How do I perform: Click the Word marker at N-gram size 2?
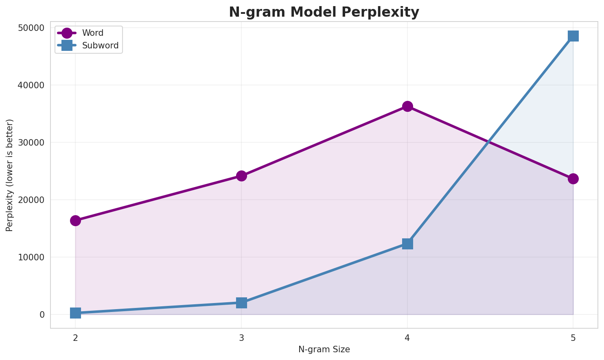coord(75,220)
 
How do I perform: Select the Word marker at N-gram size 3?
coord(241,176)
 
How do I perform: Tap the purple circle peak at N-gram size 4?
coord(407,107)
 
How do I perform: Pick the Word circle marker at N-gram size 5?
coord(573,179)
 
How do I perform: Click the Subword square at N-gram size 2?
coord(75,313)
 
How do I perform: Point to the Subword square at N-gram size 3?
coord(241,303)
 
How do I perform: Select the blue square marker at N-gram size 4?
coord(407,244)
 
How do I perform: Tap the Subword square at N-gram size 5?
coord(573,36)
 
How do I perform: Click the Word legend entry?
coord(92,33)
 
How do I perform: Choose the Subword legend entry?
coord(100,46)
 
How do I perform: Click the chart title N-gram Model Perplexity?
coord(324,12)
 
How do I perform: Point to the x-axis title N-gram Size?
coord(324,349)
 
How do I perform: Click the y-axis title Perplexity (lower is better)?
coord(10,175)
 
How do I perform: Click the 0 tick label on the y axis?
coord(42,315)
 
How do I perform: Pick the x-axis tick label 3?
coord(241,338)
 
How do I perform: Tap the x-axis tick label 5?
coord(573,338)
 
